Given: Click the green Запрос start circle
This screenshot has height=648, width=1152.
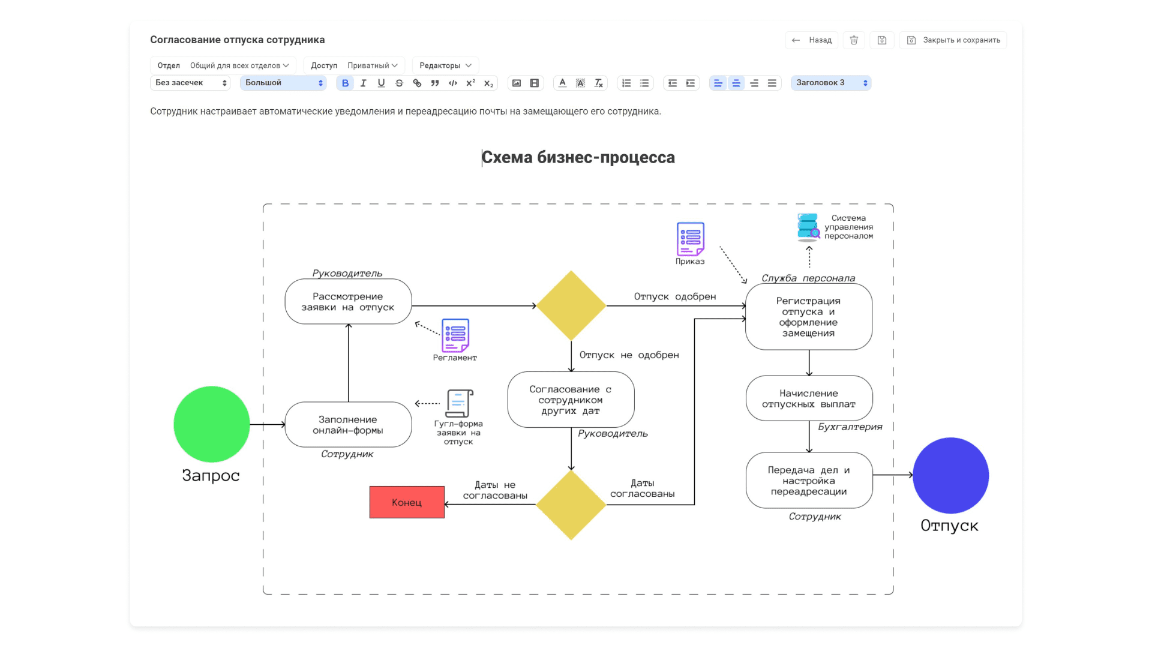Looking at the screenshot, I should pyautogui.click(x=211, y=424).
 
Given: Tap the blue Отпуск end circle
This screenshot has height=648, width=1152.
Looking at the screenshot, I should pyautogui.click(x=950, y=475).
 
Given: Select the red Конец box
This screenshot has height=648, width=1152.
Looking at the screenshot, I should pyautogui.click(x=407, y=502).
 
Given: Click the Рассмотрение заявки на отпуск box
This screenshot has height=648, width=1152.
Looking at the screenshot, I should pyautogui.click(x=348, y=302).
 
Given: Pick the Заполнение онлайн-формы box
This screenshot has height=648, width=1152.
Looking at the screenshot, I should pyautogui.click(x=348, y=425).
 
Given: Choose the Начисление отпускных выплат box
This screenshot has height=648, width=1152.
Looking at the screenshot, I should pyautogui.click(x=809, y=398).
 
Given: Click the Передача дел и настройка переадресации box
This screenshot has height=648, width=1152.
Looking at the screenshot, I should pyautogui.click(x=809, y=481).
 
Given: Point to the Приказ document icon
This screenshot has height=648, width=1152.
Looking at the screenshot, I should pyautogui.click(x=690, y=239).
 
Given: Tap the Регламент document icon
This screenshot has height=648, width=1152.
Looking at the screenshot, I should pyautogui.click(x=455, y=335).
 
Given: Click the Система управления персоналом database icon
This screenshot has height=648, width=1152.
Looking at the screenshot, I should pyautogui.click(x=808, y=227).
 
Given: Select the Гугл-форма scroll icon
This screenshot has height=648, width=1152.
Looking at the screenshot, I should pyautogui.click(x=459, y=403).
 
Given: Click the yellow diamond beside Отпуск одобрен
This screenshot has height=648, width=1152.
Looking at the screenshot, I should pyautogui.click(x=571, y=305).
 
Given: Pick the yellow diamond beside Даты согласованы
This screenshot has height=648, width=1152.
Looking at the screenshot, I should pyautogui.click(x=571, y=505).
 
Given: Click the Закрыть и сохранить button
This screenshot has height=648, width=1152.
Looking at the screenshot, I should pyautogui.click(x=953, y=40).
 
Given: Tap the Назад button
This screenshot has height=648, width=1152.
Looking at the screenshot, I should pyautogui.click(x=812, y=40).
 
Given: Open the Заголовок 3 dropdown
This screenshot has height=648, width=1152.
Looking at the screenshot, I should pyautogui.click(x=831, y=83).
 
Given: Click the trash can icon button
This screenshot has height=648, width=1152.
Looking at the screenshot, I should pyautogui.click(x=854, y=40).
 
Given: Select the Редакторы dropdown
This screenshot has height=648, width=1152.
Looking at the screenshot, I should pyautogui.click(x=445, y=65).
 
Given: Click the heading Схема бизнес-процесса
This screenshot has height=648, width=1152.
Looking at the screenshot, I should pyautogui.click(x=578, y=157).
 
